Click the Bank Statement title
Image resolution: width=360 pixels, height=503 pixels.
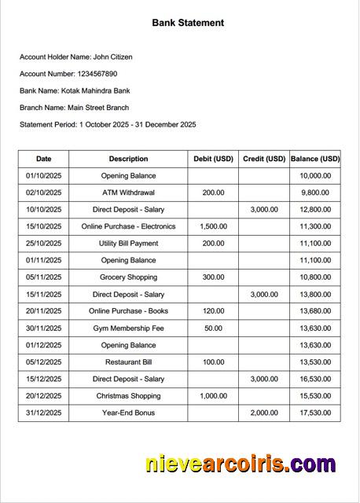click(188, 23)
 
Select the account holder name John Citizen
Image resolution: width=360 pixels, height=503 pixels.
click(112, 57)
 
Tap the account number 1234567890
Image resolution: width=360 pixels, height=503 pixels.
click(97, 74)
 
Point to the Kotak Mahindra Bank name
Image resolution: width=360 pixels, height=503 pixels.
click(94, 90)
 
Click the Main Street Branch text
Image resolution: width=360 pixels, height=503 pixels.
click(98, 108)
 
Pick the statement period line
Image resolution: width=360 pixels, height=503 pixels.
click(108, 124)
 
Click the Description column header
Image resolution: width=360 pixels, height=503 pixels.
click(128, 159)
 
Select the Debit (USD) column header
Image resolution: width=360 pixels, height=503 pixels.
click(213, 159)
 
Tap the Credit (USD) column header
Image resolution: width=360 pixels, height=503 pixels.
click(263, 159)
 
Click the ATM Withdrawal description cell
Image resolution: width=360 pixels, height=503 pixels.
click(128, 193)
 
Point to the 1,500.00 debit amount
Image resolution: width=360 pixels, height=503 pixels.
click(213, 226)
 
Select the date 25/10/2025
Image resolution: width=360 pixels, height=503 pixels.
click(43, 244)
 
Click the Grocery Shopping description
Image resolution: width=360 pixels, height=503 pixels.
click(128, 277)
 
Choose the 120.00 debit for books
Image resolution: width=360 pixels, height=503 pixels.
click(213, 311)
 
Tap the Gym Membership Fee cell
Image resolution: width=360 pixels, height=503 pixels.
click(128, 329)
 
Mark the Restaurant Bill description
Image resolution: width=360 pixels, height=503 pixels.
click(128, 362)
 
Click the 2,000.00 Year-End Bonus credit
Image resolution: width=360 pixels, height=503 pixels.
click(263, 413)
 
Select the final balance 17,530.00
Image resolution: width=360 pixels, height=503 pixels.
click(315, 413)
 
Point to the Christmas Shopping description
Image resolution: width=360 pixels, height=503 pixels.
click(128, 396)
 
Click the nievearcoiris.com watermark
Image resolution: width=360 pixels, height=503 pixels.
click(240, 464)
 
